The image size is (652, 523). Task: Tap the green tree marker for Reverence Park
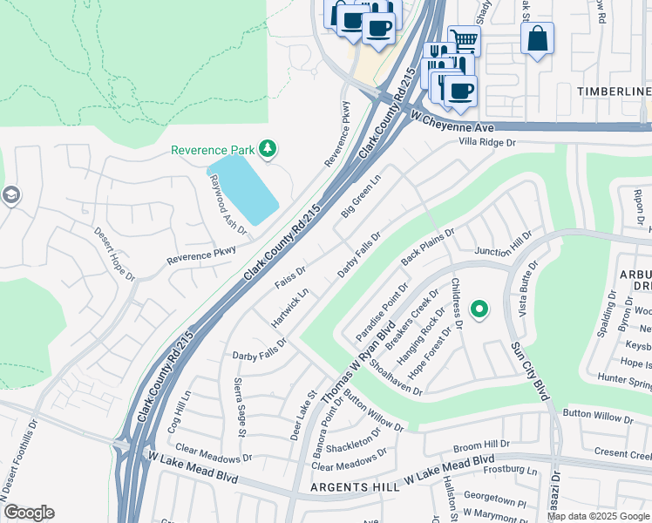[268, 149]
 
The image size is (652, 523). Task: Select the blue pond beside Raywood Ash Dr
[242, 189]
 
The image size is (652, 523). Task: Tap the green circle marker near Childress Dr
[479, 309]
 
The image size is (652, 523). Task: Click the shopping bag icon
[537, 38]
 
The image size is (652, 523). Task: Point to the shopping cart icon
[464, 40]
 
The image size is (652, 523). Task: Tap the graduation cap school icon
[10, 194]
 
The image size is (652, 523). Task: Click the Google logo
[29, 513]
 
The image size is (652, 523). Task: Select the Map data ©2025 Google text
[599, 516]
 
